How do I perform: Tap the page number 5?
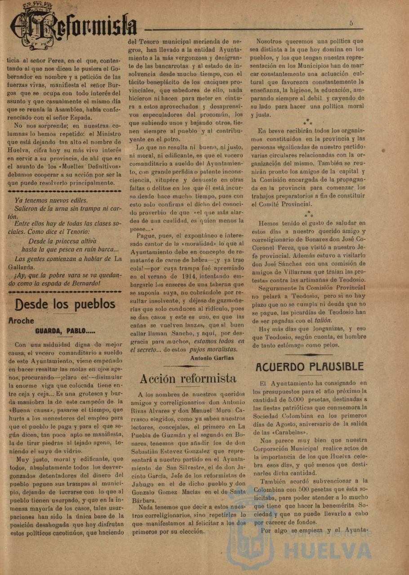pos(351,23)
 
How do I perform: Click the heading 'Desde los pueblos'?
pos(66,304)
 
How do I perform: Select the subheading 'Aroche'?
pos(21,321)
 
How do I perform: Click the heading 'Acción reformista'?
pos(187,378)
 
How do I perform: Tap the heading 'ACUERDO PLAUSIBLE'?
pos(310,367)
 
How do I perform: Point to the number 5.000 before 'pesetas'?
pos(295,399)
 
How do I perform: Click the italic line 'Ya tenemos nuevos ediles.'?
pos(51,200)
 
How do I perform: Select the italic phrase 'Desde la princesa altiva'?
pos(62,241)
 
